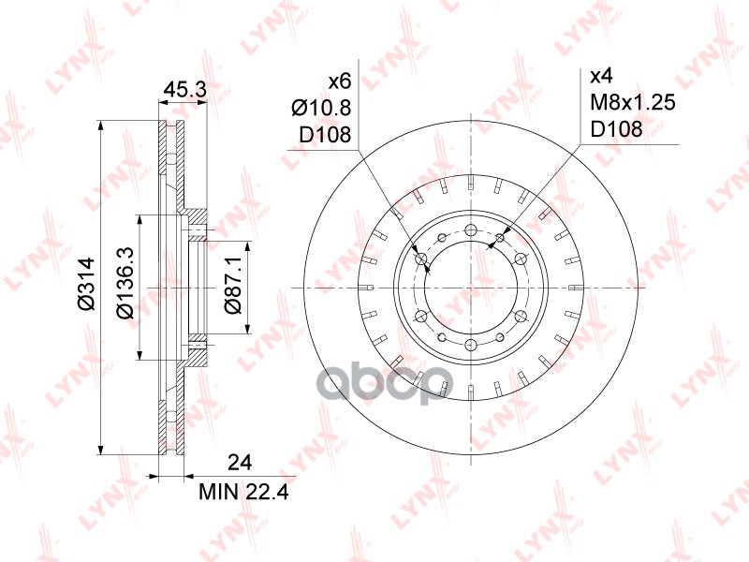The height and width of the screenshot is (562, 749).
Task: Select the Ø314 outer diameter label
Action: click(x=87, y=284)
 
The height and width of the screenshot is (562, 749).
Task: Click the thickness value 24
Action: click(x=240, y=463)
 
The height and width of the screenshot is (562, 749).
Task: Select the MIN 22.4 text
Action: click(x=243, y=491)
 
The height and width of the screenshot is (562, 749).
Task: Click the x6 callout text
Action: click(x=340, y=81)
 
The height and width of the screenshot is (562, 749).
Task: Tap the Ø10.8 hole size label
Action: click(x=321, y=108)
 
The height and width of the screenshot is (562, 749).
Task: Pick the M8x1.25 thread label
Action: click(x=633, y=102)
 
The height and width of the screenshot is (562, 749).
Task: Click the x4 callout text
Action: click(x=601, y=76)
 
